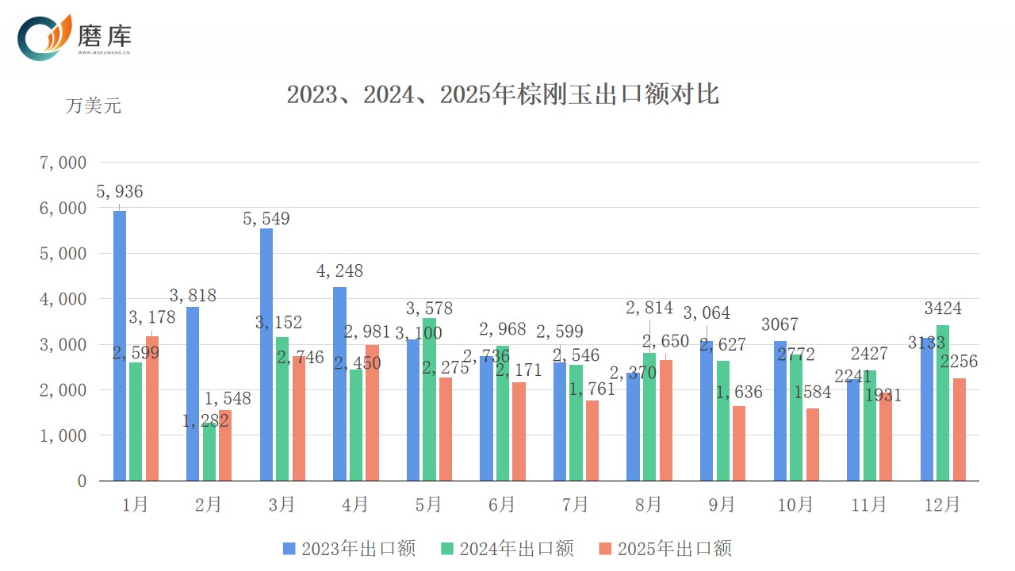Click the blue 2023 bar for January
(120, 346)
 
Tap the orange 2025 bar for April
(372, 412)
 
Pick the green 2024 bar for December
(943, 403)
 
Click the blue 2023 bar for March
(266, 354)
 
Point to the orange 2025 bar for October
(812, 444)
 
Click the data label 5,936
(120, 192)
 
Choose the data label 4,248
(339, 271)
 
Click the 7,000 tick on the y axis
(63, 163)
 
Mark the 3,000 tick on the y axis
(63, 345)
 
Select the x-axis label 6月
(502, 504)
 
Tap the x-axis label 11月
(869, 504)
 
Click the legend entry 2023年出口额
(349, 548)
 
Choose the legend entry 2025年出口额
(665, 548)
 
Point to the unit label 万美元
(93, 105)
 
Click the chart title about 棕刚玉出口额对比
(503, 94)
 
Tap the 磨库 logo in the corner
(75, 37)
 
